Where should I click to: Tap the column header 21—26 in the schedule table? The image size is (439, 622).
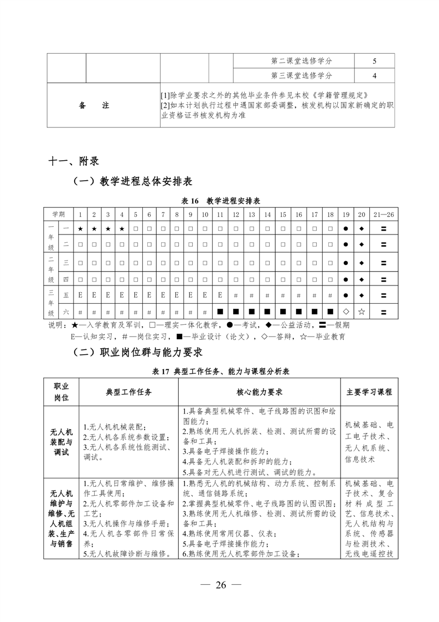pyautogui.click(x=383, y=214)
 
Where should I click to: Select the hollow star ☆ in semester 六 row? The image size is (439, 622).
pyautogui.click(x=361, y=312)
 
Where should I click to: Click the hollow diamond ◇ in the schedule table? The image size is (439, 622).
pyautogui.click(x=346, y=312)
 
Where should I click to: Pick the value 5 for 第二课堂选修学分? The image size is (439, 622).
pyautogui.click(x=374, y=61)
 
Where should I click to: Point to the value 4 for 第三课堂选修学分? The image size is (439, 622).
pyautogui.click(x=374, y=75)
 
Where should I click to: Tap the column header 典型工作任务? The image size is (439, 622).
pyautogui.click(x=128, y=392)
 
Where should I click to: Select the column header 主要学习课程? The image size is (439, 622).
pyautogui.click(x=369, y=392)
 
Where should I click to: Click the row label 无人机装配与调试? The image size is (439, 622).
pyautogui.click(x=61, y=442)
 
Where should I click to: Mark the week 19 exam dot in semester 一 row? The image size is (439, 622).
pyautogui.click(x=346, y=228)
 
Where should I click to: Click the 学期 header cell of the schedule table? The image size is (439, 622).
pyautogui.click(x=59, y=214)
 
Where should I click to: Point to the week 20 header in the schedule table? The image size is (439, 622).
pyautogui.click(x=361, y=214)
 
